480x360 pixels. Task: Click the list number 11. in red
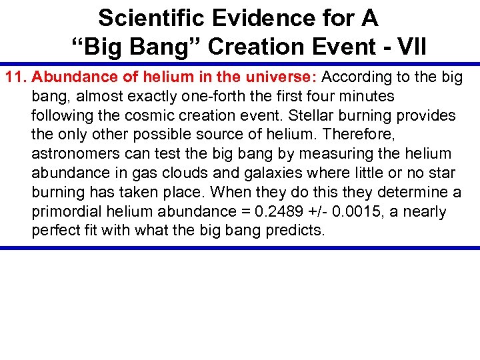pyautogui.click(x=17, y=77)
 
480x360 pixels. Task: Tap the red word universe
pyautogui.click(x=278, y=77)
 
